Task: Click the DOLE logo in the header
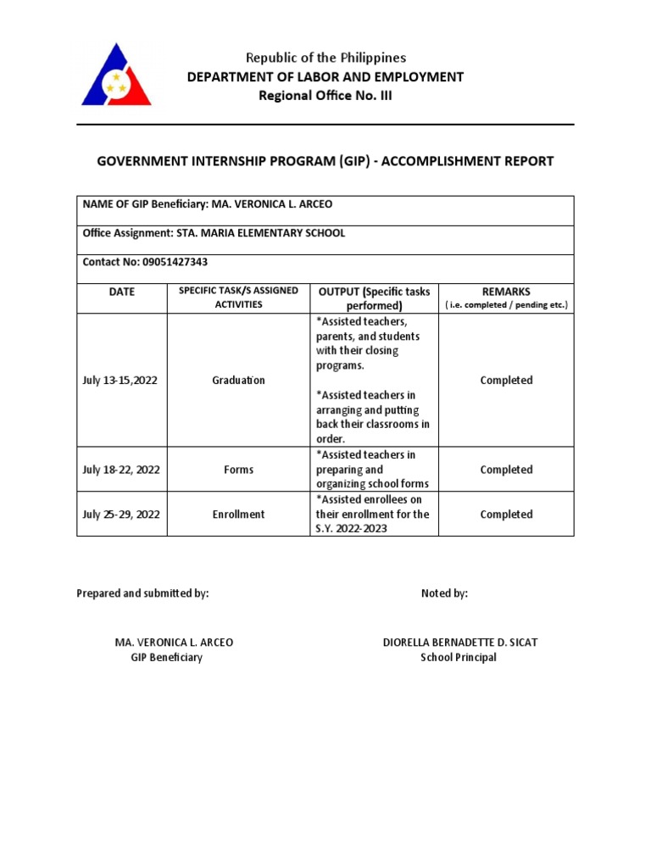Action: (x=116, y=75)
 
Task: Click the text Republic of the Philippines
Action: (x=325, y=58)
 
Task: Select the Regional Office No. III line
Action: (x=325, y=96)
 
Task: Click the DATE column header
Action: (x=121, y=292)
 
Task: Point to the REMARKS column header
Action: (x=506, y=292)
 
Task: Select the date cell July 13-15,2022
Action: (x=120, y=381)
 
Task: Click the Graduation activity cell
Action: (x=238, y=381)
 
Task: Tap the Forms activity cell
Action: (x=238, y=470)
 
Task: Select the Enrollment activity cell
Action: (x=238, y=515)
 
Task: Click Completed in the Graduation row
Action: (x=506, y=381)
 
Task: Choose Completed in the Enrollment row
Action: (x=506, y=515)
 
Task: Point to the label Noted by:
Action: (x=444, y=593)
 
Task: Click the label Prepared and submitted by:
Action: (x=142, y=593)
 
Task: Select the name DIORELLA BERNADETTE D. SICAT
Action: (x=459, y=643)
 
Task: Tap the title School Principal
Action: (x=459, y=658)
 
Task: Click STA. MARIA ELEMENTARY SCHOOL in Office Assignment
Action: (x=260, y=233)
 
